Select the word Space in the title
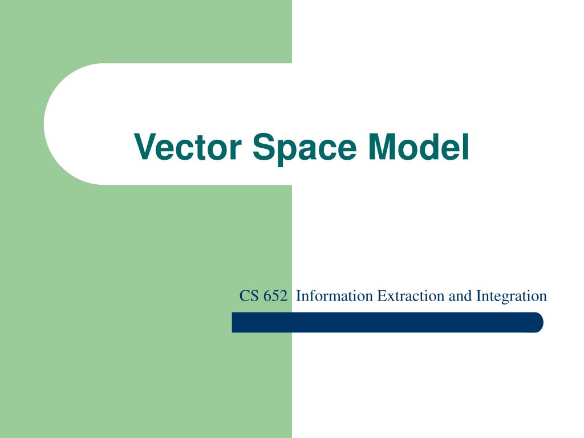pyautogui.click(x=305, y=149)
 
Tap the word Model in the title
pyautogui.click(x=418, y=147)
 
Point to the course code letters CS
pyautogui.click(x=249, y=296)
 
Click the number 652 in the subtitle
pyautogui.click(x=275, y=296)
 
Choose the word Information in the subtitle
pyautogui.click(x=334, y=296)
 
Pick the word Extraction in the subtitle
pyautogui.click(x=411, y=296)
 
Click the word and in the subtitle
pyautogui.click(x=460, y=296)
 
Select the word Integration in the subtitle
pyautogui.click(x=512, y=297)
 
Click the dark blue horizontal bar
pyautogui.click(x=387, y=322)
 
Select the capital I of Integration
pyautogui.click(x=478, y=296)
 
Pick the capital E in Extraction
pyautogui.click(x=382, y=296)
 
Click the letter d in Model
pyautogui.click(x=436, y=147)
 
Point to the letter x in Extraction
pyautogui.click(x=391, y=298)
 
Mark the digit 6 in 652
pyautogui.click(x=267, y=296)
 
